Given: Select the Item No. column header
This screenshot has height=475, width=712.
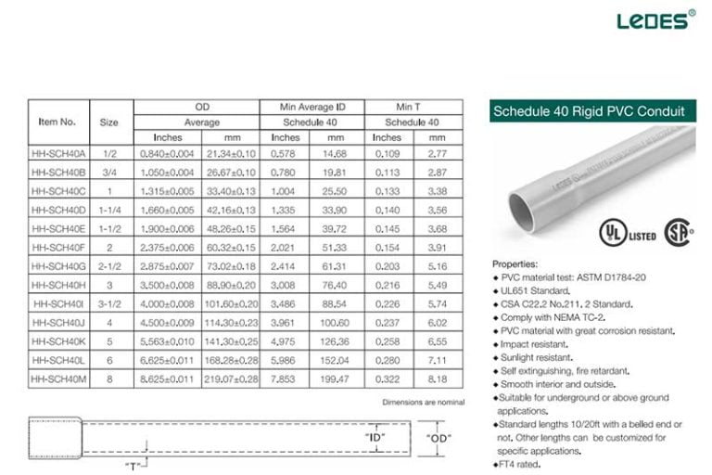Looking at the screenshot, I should (x=57, y=122).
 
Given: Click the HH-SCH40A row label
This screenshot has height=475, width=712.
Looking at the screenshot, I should (x=57, y=153).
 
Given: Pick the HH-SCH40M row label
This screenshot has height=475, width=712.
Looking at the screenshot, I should (x=57, y=379).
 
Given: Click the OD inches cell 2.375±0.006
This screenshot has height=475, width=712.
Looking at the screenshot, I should (x=167, y=248).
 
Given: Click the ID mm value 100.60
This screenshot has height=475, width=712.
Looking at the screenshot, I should (x=336, y=323).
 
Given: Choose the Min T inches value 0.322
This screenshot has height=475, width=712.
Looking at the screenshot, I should (x=387, y=379).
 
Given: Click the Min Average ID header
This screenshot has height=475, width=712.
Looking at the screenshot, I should (x=310, y=108).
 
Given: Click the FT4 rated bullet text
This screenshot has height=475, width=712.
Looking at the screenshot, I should (x=519, y=464).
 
